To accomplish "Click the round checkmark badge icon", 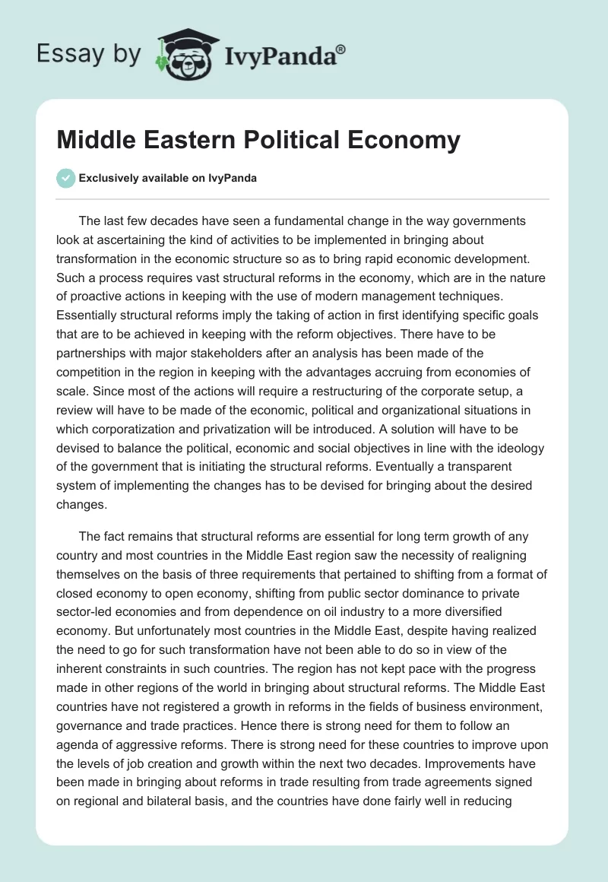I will point(66,178).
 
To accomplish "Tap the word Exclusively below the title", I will point(108,179).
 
